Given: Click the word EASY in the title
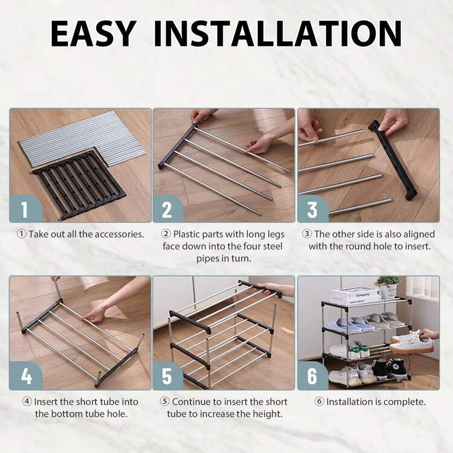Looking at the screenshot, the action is tap(93, 33).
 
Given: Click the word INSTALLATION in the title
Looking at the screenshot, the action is tap(277, 33).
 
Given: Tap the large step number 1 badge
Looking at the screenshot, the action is tap(25, 208).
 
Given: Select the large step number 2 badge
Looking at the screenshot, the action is tap(167, 208).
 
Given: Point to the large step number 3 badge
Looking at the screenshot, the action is tap(313, 208).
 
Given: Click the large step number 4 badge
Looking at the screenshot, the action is tap(26, 376).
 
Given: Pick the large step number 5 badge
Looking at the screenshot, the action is tap(167, 376).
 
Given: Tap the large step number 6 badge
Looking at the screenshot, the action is tap(313, 376).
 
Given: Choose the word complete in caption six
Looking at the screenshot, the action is tap(409, 402).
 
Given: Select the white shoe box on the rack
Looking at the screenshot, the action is tap(355, 296).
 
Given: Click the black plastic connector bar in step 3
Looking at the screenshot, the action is tap(393, 160).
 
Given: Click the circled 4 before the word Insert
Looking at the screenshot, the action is tap(27, 402).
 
